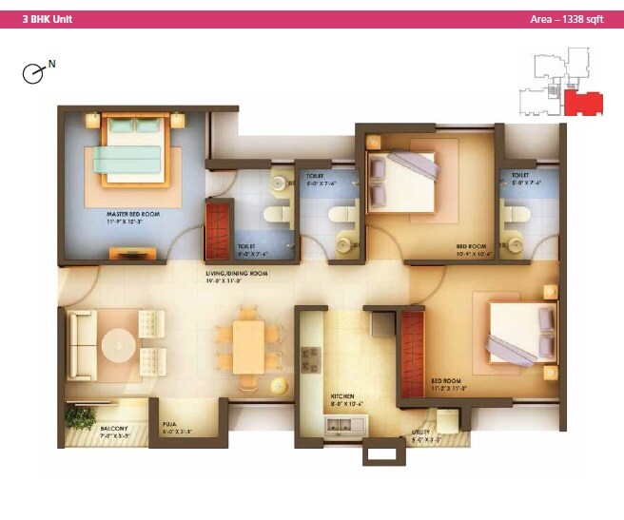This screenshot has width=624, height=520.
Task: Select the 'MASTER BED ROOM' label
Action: point(132,215)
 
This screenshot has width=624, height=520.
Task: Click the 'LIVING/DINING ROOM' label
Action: point(237,273)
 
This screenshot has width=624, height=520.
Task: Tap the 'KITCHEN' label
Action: point(342,395)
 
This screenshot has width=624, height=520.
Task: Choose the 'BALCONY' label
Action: point(114,429)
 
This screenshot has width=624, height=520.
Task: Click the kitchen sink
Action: point(345,425)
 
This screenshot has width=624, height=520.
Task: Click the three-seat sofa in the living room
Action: point(79,343)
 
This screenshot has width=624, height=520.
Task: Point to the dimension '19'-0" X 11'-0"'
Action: point(238,282)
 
